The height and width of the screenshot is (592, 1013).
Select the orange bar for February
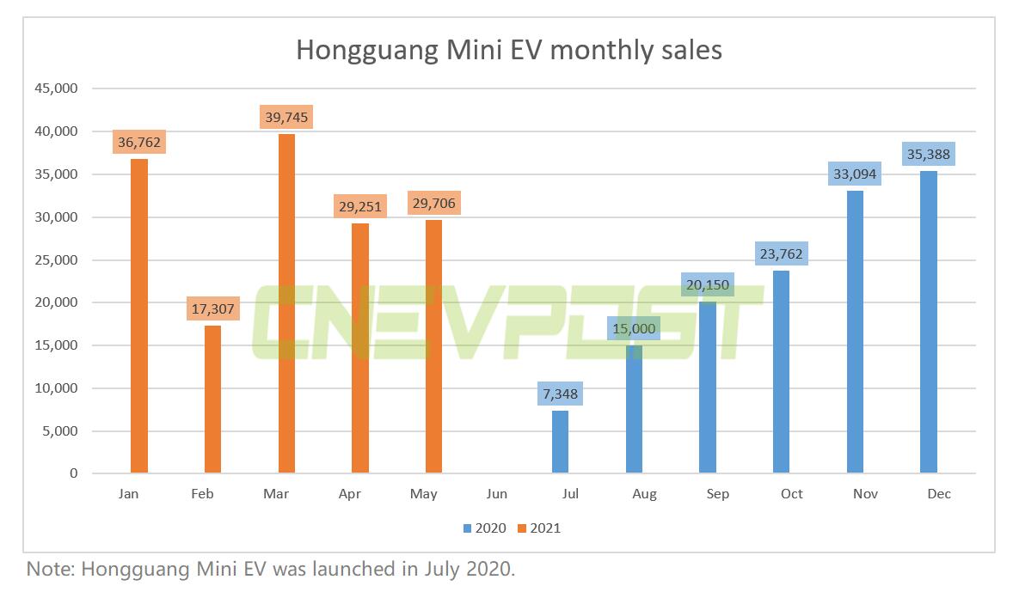click(212, 400)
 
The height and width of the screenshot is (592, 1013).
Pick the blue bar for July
click(560, 442)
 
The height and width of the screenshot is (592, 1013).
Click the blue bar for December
click(928, 322)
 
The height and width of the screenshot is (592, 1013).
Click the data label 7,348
click(560, 394)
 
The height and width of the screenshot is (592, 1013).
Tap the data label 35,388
click(928, 156)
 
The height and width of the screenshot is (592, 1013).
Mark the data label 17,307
click(212, 309)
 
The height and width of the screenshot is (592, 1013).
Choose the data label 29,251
click(359, 207)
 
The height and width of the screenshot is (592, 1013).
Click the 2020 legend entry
click(483, 528)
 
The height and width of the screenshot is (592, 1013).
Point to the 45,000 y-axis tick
click(55, 88)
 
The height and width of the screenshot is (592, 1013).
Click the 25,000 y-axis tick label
click(55, 259)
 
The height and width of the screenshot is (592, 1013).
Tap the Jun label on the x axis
click(496, 494)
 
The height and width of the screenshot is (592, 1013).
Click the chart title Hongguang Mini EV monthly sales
click(509, 50)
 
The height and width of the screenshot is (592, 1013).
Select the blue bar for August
click(634, 409)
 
